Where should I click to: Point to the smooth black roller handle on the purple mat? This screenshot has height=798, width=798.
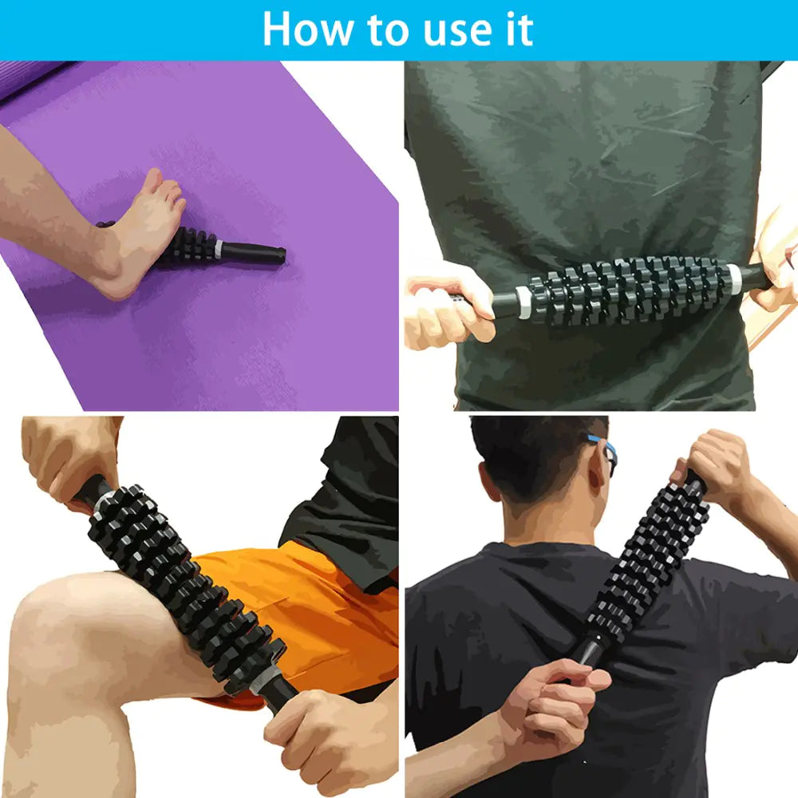click(x=254, y=253)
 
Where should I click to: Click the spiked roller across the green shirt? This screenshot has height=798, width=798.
click(x=630, y=289)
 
